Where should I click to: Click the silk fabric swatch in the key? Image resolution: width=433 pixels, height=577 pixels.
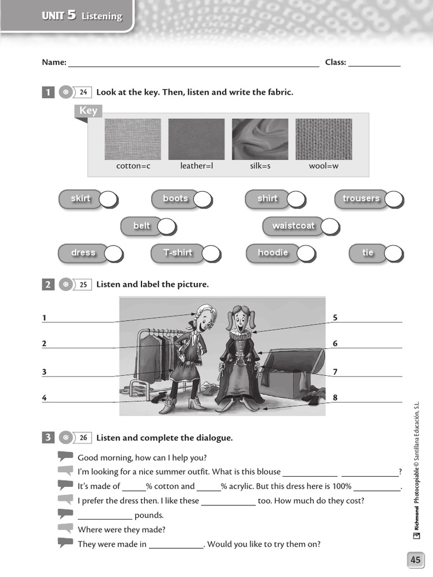coord(260,139)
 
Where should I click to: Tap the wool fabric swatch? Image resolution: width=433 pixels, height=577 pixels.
coord(324,139)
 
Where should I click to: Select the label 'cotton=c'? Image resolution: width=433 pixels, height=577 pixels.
coord(133,166)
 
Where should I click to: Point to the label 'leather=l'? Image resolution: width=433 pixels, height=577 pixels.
coord(196,166)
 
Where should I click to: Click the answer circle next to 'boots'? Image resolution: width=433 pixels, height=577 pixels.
coord(202,199)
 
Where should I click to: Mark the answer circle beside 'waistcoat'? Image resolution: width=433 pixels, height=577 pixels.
coord(330,227)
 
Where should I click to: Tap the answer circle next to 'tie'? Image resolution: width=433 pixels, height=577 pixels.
coord(394,254)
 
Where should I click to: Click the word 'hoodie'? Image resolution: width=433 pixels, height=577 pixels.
coord(273,253)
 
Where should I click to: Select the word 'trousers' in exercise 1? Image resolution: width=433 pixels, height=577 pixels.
coord(361,199)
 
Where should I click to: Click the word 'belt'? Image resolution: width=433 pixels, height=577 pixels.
coord(142,226)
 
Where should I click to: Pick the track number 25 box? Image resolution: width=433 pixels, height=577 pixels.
coord(83,285)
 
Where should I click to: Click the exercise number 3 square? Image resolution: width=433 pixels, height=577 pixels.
coord(48,438)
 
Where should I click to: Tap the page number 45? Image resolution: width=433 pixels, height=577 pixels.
coord(416,560)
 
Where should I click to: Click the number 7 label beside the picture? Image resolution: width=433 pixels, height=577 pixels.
coord(335,372)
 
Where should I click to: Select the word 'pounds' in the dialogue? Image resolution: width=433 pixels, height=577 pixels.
coord(149,515)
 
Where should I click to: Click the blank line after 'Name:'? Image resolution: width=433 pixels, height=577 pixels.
coord(193,63)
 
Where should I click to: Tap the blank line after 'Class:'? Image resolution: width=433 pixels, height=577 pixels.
coord(374,63)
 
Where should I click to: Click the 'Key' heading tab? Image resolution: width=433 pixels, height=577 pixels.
coord(88,110)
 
